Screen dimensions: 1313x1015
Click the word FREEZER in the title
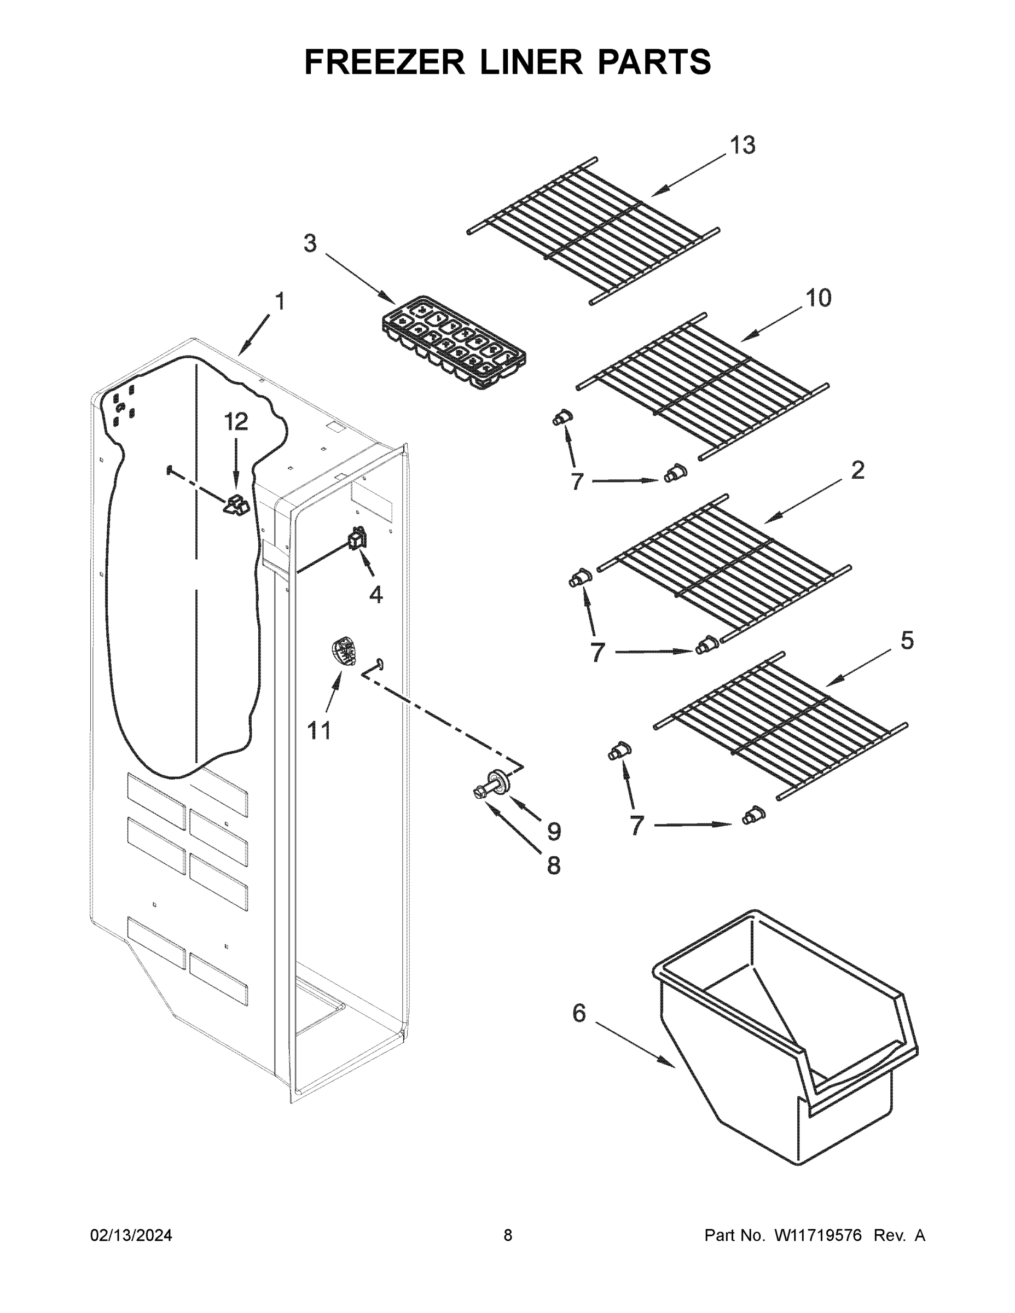(384, 62)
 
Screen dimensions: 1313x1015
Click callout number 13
(742, 146)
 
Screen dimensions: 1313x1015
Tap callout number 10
(819, 298)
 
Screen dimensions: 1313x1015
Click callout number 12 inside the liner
(236, 422)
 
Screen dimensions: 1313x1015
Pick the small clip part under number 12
(237, 505)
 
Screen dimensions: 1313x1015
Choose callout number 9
(554, 832)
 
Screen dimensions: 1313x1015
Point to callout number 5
(907, 641)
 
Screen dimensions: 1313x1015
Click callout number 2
(857, 470)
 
